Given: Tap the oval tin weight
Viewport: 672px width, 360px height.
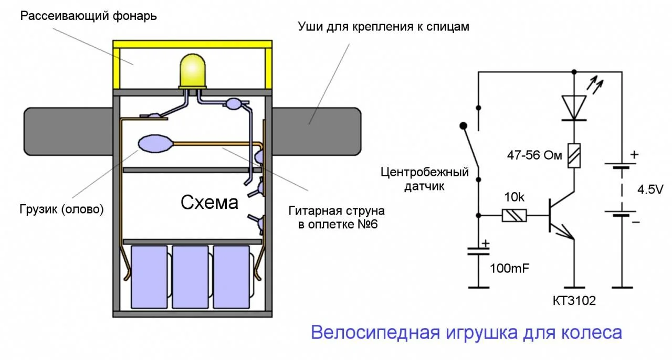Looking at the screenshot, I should pos(155,143).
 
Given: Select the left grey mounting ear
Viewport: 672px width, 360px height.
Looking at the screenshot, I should pos(68,131).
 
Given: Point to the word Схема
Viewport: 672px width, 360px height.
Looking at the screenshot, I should pos(209,203).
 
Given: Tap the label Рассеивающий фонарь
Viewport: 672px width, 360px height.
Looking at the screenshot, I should pos(89,15).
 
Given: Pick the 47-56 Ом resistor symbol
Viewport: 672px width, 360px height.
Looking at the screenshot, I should pos(573,155).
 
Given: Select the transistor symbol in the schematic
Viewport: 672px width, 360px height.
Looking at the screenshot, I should pos(559,216).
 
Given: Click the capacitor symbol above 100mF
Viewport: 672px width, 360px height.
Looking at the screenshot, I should pos(478,252).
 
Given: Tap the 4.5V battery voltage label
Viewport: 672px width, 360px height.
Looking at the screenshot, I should pos(649,189).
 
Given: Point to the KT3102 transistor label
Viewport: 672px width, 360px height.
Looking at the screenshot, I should pos(574,301).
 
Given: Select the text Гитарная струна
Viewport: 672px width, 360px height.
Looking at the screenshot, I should pos(337,211).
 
